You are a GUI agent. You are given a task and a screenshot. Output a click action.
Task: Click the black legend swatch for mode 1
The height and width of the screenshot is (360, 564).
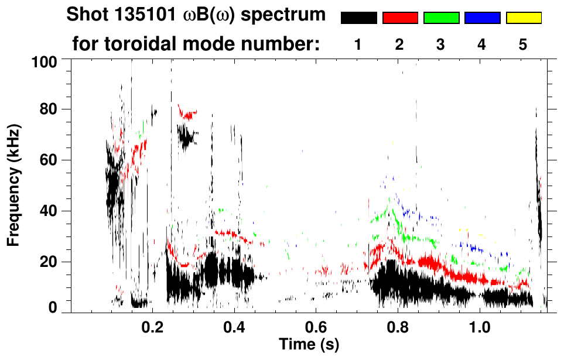pos(359,18)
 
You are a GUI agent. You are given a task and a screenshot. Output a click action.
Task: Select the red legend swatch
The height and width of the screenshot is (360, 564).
pos(400,18)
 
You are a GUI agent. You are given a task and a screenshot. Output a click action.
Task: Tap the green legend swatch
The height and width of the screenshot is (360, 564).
pos(441,18)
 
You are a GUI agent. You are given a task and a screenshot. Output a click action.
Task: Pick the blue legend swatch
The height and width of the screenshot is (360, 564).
pos(482,18)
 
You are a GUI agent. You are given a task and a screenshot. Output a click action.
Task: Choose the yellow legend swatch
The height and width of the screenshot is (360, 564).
pos(523,18)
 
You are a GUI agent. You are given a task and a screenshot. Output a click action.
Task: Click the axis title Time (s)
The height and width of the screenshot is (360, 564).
pos(308,344)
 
